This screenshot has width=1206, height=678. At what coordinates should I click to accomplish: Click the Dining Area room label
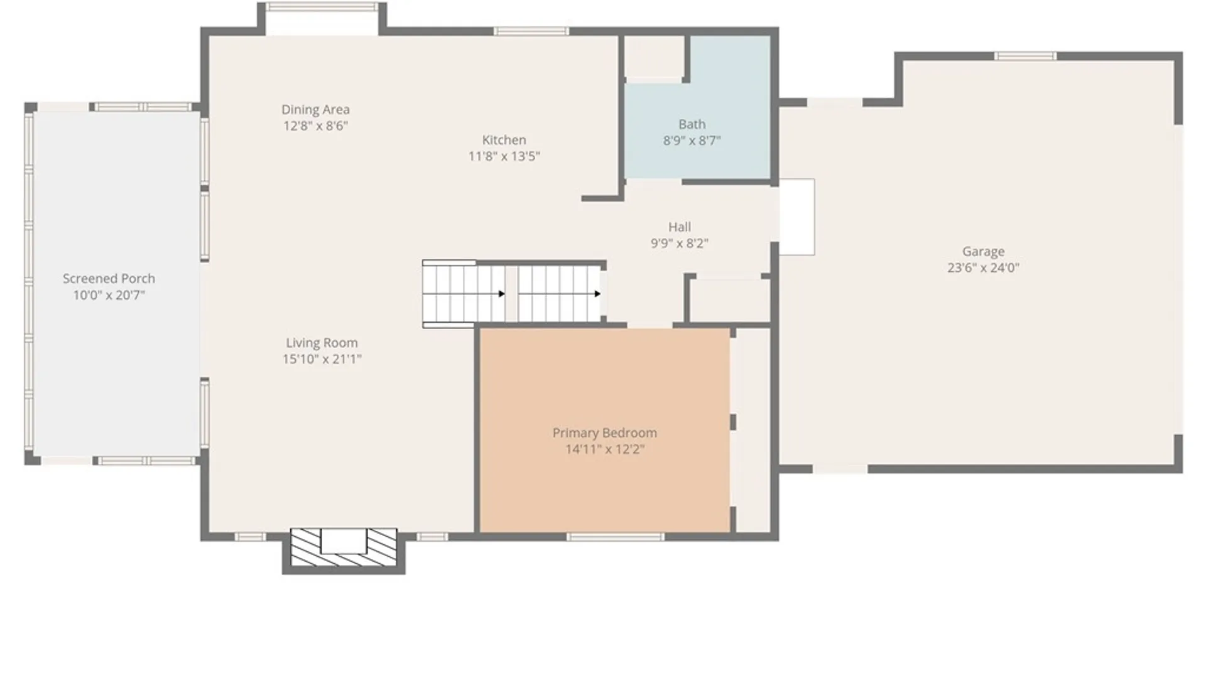pyautogui.click(x=315, y=110)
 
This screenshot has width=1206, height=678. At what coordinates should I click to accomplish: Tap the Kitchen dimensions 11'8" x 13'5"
pyautogui.click(x=504, y=156)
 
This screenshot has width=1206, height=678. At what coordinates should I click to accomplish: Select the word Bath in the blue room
pyautogui.click(x=692, y=124)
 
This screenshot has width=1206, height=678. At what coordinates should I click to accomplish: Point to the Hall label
pyautogui.click(x=680, y=227)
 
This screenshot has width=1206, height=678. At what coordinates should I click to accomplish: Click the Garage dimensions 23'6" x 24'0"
pyautogui.click(x=983, y=267)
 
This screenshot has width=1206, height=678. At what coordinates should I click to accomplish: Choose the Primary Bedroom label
pyautogui.click(x=604, y=433)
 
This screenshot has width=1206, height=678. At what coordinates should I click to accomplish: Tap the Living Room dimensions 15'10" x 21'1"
pyautogui.click(x=322, y=359)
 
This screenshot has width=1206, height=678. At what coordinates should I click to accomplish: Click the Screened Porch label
pyautogui.click(x=109, y=279)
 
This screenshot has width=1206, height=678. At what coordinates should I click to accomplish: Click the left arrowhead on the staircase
pyautogui.click(x=502, y=294)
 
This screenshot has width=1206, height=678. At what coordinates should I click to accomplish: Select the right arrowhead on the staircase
pyautogui.click(x=597, y=294)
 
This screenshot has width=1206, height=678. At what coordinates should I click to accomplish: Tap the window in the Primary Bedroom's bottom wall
pyautogui.click(x=615, y=537)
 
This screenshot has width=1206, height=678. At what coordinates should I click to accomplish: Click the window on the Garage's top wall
pyautogui.click(x=1025, y=56)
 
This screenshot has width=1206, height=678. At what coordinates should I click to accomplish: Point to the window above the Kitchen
pyautogui.click(x=531, y=31)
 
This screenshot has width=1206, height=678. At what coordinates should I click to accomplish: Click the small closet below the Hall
pyautogui.click(x=729, y=300)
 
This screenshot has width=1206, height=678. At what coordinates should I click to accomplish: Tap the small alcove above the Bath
pyautogui.click(x=654, y=56)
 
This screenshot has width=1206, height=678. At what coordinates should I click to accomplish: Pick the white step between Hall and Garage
pyautogui.click(x=797, y=217)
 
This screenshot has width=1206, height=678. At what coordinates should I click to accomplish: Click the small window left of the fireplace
pyautogui.click(x=250, y=537)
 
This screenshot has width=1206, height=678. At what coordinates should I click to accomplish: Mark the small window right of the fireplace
pyautogui.click(x=432, y=537)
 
